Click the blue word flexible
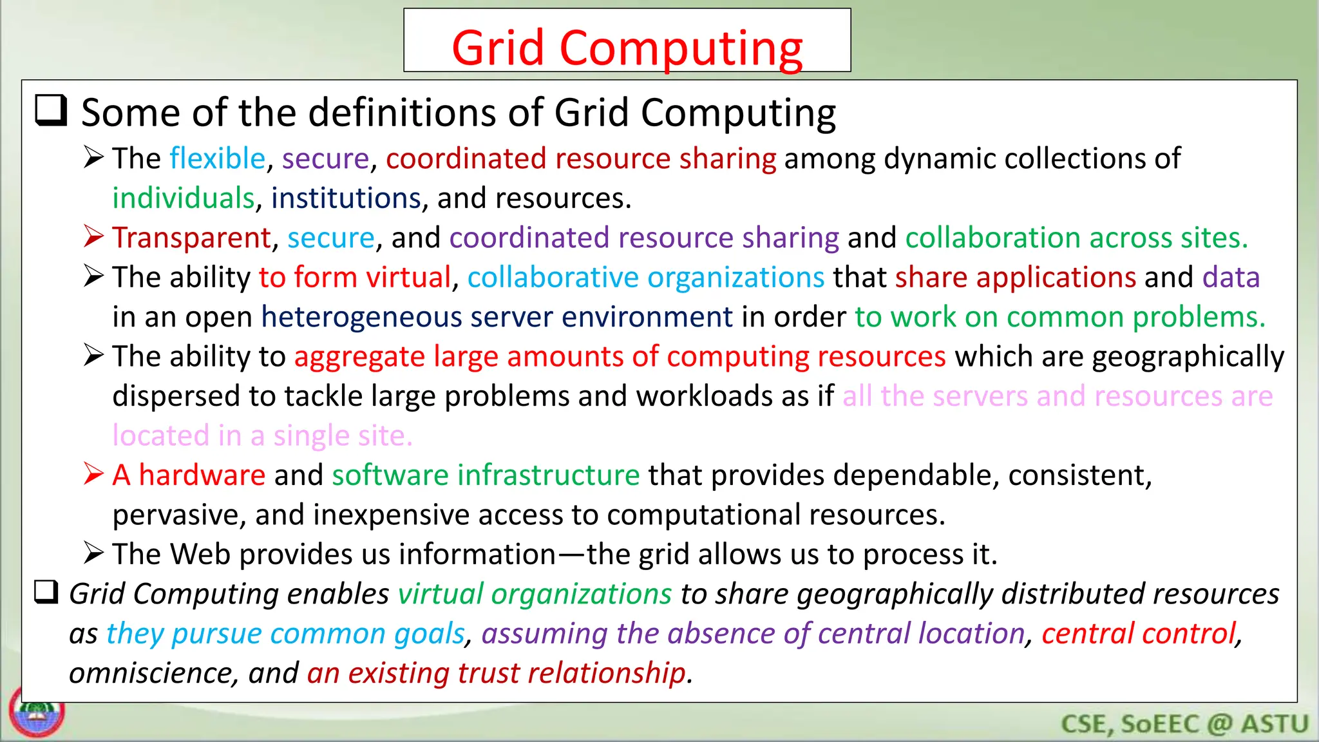(x=218, y=158)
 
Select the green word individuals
(x=184, y=198)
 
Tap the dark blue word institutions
(x=346, y=198)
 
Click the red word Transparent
(x=191, y=238)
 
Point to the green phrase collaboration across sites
(x=1076, y=238)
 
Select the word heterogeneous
(x=361, y=317)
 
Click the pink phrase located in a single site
(x=262, y=436)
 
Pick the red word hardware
(x=202, y=475)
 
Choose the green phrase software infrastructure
(x=486, y=475)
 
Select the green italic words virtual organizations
(x=535, y=594)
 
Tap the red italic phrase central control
(x=1139, y=634)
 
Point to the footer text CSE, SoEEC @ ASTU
(x=1184, y=724)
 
